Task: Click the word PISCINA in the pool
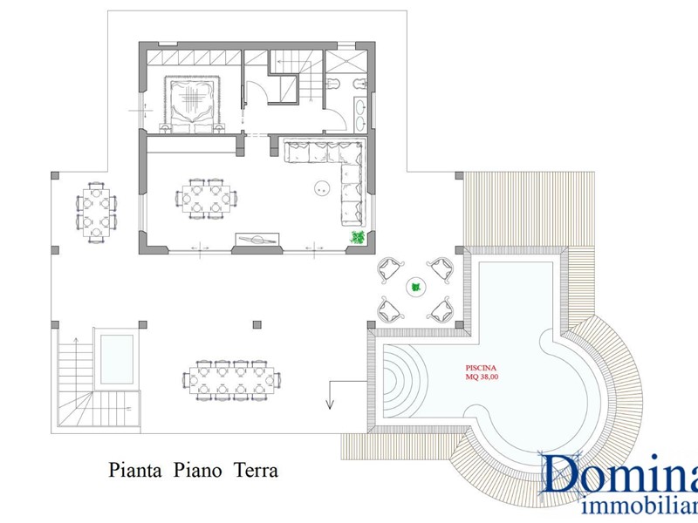click(x=481, y=368)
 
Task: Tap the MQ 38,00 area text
click(x=482, y=377)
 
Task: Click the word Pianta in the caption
click(x=135, y=470)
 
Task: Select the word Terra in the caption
click(x=256, y=470)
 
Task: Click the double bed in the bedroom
click(x=192, y=104)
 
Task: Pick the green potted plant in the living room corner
click(x=358, y=237)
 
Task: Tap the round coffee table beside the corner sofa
click(x=321, y=188)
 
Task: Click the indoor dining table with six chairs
click(x=206, y=199)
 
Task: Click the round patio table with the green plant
click(x=416, y=288)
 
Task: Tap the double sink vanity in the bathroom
click(x=360, y=115)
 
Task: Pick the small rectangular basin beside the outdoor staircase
click(x=117, y=359)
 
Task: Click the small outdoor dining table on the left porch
click(x=96, y=212)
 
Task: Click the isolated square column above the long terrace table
click(x=257, y=324)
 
